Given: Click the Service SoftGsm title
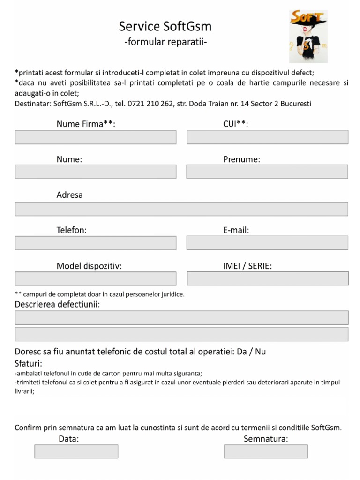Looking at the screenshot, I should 165,27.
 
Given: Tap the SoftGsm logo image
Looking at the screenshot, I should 307,37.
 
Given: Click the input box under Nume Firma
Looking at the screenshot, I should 96,137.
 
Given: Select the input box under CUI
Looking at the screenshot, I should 267,137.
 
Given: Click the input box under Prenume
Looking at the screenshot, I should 267,172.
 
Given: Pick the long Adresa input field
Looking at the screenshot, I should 181,209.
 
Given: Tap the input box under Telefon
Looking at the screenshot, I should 96,243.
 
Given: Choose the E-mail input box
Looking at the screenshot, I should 267,243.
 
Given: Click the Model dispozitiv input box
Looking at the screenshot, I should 96,279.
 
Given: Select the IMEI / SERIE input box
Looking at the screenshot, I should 267,278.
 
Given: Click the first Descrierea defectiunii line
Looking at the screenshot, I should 181,318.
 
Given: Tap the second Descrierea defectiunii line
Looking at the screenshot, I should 181,334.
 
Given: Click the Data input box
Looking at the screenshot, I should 76,451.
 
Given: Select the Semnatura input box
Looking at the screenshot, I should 266,451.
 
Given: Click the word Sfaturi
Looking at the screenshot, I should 29,364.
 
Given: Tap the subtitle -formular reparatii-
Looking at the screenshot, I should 165,42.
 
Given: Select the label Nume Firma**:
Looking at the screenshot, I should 86,124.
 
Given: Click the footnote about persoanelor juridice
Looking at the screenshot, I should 100,294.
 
